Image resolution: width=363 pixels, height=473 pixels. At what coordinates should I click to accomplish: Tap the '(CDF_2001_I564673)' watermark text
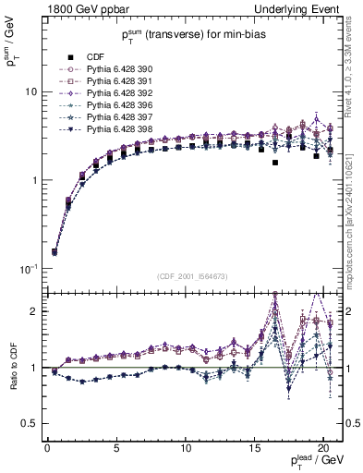coord(195,276)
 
